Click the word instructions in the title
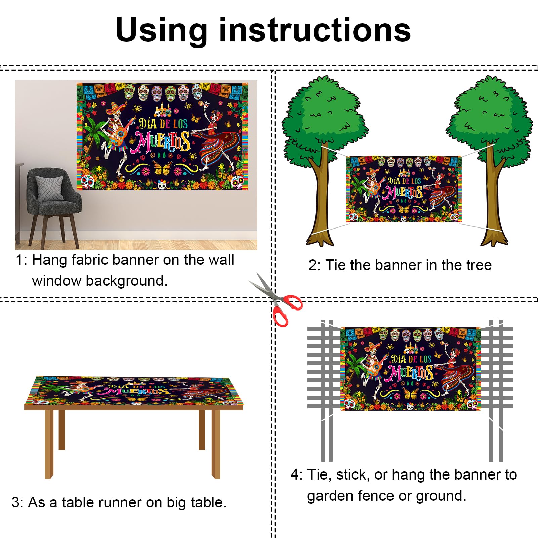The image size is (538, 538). tap(315, 30)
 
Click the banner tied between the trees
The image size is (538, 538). tap(404, 189)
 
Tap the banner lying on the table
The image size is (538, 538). tap(134, 390)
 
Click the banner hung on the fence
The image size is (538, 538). tap(411, 369)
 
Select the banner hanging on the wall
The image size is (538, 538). tap(162, 136)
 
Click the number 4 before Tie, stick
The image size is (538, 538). tap(295, 475)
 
